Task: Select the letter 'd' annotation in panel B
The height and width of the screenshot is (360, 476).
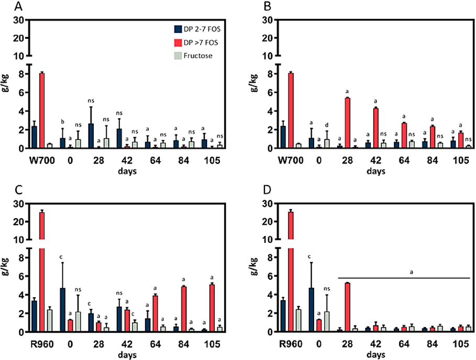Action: tap(327, 125)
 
